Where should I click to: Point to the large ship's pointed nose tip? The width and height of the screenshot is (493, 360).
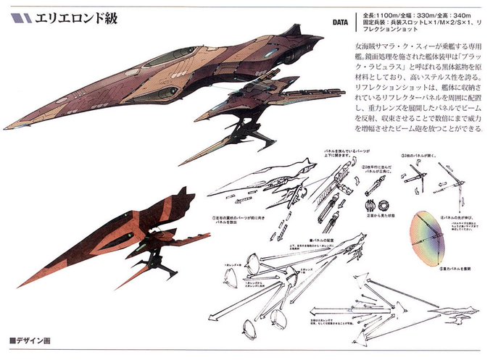(x=6, y=128)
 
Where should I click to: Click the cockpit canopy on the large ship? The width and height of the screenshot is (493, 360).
(x=163, y=58)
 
